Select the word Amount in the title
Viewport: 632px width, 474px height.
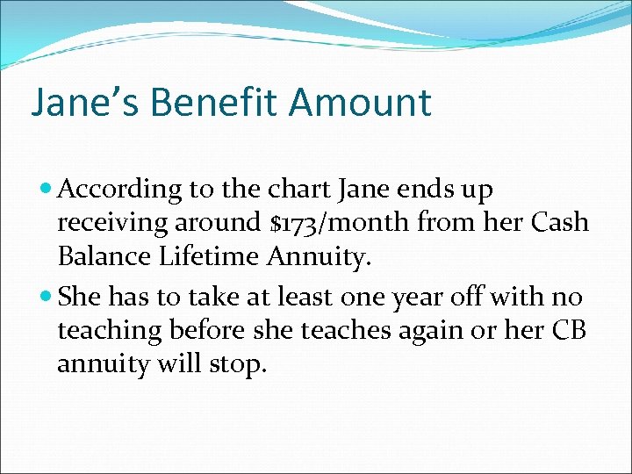[360, 102]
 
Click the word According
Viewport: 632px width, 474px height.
[122, 190]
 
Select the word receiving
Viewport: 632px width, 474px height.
[111, 223]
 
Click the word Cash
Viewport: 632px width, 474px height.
[559, 223]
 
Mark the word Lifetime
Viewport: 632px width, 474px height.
[215, 256]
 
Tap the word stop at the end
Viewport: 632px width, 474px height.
[239, 363]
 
